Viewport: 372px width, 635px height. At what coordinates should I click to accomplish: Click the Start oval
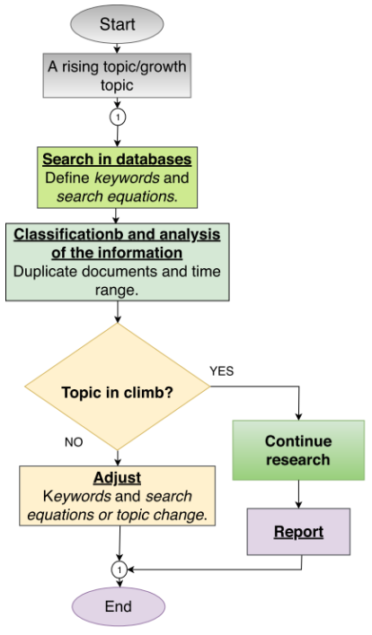[x=117, y=24]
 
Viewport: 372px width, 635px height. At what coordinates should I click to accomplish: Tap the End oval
[x=119, y=606]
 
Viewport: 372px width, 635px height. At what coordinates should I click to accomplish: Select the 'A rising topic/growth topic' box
[x=117, y=75]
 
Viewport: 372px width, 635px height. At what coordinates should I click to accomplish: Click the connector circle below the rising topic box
[x=118, y=117]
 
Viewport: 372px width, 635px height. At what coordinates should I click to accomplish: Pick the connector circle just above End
[x=120, y=570]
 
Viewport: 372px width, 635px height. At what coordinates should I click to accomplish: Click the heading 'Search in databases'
[x=117, y=159]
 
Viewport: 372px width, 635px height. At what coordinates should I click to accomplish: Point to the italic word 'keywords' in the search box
[x=127, y=178]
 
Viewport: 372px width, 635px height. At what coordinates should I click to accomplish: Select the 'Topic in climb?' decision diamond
[x=117, y=387]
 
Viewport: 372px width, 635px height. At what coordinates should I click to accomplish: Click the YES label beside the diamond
[x=222, y=371]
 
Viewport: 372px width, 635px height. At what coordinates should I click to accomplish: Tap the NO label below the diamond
[x=74, y=442]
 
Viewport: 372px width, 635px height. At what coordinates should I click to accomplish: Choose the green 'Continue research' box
[x=298, y=450]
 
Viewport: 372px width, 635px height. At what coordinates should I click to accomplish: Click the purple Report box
[x=298, y=532]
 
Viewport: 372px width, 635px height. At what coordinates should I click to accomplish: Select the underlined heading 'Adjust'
[x=117, y=478]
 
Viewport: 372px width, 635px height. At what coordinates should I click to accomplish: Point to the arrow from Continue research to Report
[x=298, y=494]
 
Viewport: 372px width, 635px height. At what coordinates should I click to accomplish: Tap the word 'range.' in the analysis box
[x=117, y=291]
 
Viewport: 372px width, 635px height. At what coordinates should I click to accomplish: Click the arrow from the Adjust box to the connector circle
[x=120, y=544]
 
